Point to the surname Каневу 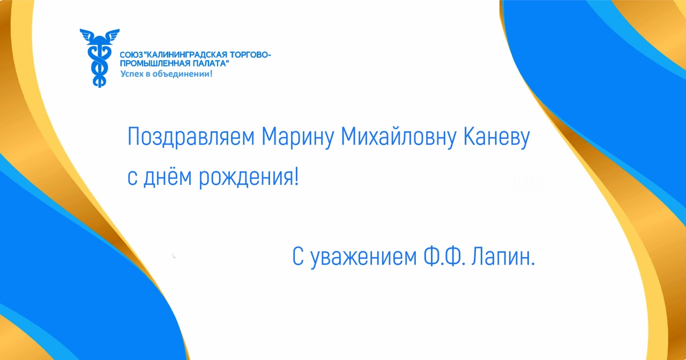point(496,137)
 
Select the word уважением point(364,258)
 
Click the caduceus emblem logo point(99,58)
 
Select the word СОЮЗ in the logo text point(131,55)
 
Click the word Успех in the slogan point(132,74)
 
